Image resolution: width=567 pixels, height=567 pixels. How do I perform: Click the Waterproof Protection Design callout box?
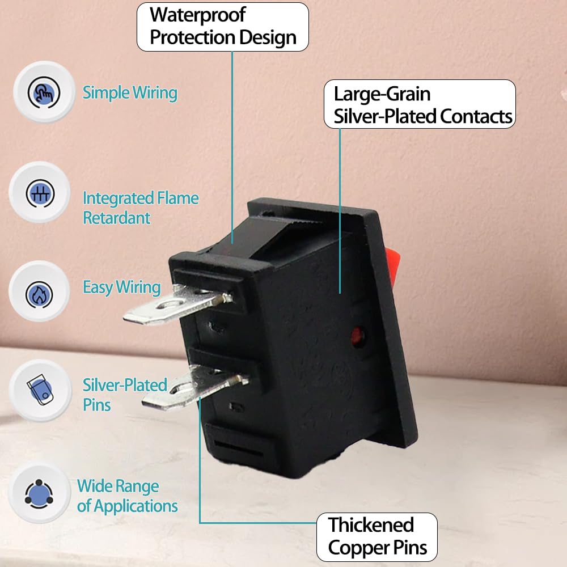point(223,27)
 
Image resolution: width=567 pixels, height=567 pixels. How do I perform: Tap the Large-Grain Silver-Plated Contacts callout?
point(420,104)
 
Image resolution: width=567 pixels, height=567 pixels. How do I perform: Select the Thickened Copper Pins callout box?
point(377,537)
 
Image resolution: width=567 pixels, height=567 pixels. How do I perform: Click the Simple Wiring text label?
point(130,93)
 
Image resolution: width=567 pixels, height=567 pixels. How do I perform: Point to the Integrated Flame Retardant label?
point(141,208)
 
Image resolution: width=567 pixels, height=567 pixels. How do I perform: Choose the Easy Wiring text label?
point(122,288)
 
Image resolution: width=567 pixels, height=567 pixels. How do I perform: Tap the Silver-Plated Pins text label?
point(125,395)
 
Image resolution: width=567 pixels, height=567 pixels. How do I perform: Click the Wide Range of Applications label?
point(127,496)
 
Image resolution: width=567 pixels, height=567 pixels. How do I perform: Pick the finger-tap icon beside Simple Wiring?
point(44,92)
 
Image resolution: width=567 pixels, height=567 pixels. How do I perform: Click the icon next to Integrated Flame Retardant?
point(40,193)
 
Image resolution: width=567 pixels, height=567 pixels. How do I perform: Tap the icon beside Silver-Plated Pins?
point(40,390)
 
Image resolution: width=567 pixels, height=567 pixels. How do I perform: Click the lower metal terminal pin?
point(195,388)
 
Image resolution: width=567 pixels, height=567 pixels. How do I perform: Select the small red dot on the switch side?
point(357,336)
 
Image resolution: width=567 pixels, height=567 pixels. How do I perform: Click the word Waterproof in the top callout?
point(197,15)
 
